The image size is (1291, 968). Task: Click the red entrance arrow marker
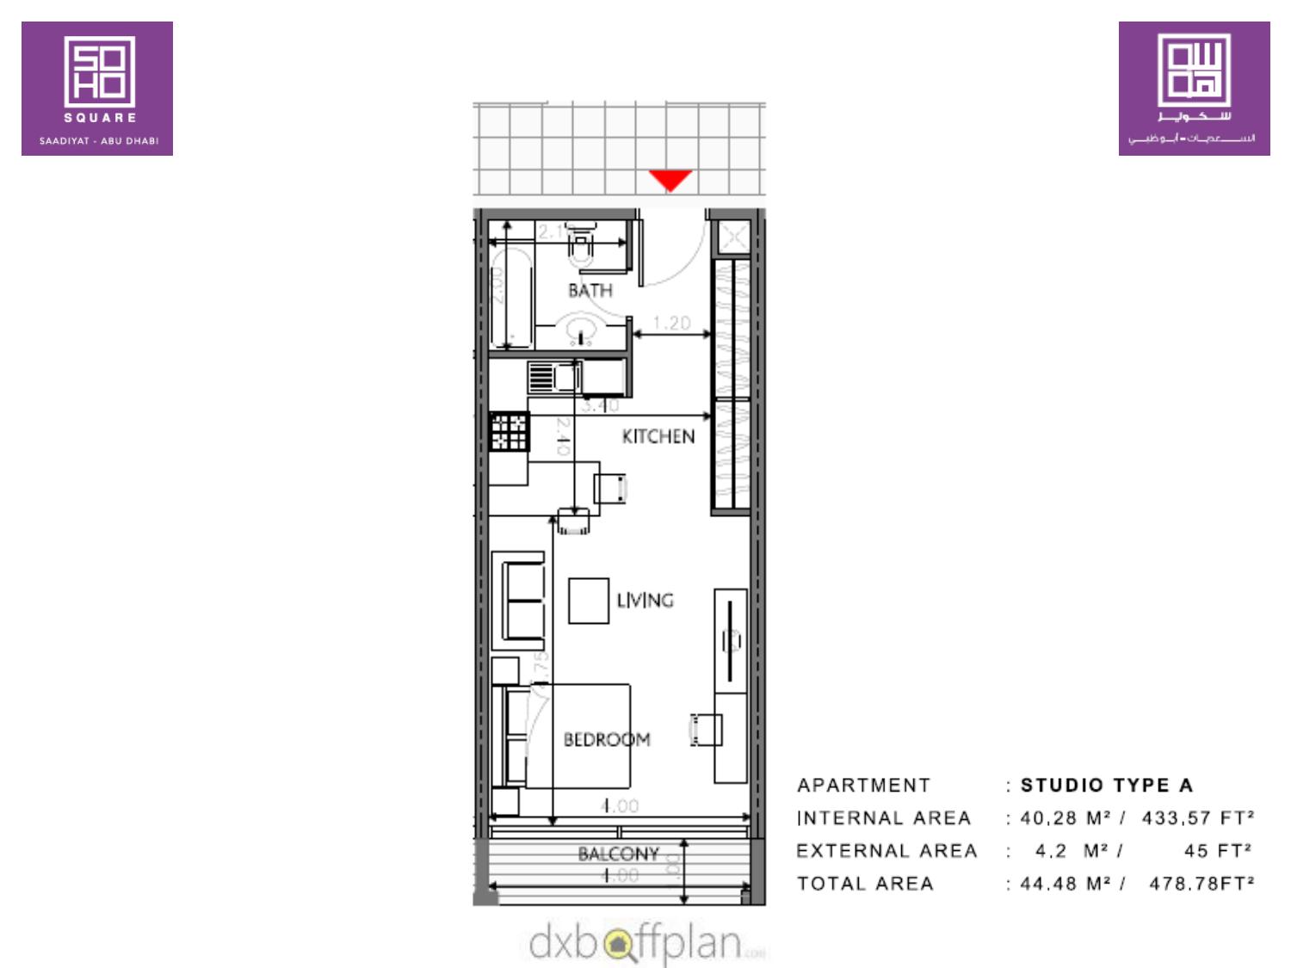(670, 180)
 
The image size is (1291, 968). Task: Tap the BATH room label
(590, 291)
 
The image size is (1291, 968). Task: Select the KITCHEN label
(658, 436)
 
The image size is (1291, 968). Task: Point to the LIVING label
(645, 600)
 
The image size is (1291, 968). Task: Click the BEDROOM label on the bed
(607, 739)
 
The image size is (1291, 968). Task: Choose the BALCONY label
(619, 854)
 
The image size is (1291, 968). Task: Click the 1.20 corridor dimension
(671, 323)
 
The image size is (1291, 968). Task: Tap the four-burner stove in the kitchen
(509, 432)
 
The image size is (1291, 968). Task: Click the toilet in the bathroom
(583, 244)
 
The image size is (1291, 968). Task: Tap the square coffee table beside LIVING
(589, 601)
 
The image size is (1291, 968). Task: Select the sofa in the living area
(519, 600)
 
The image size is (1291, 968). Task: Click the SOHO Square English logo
(97, 89)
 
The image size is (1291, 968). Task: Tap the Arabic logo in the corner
(1194, 89)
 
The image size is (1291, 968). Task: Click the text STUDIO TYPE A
(1106, 785)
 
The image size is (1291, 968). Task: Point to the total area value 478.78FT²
(1201, 883)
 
